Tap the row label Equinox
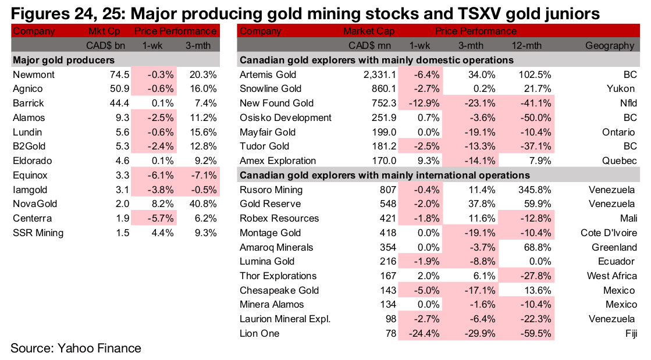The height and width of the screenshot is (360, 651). pyautogui.click(x=29, y=175)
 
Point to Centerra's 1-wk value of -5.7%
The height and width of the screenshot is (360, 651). pyautogui.click(x=154, y=218)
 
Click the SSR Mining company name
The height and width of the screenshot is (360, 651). pyautogui.click(x=38, y=233)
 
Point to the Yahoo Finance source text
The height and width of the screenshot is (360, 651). pyautogui.click(x=76, y=348)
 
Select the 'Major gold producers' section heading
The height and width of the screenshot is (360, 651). pyautogui.click(x=63, y=60)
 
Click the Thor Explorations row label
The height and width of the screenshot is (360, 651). pyautogui.click(x=278, y=276)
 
